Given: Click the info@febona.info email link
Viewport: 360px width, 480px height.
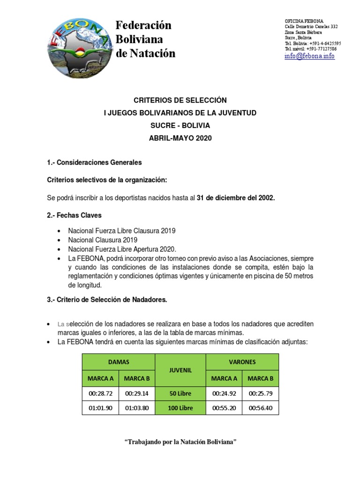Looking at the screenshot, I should (x=309, y=56).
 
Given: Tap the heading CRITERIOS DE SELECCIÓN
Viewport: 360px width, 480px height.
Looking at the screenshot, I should (x=180, y=100).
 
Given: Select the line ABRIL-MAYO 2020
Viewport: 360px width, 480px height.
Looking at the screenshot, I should (x=180, y=138).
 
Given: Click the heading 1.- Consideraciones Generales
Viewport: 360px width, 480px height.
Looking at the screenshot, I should (x=94, y=163).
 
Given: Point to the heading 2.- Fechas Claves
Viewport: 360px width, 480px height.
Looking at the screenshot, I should (x=75, y=215).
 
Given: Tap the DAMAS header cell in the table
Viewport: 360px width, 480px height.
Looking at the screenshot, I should (x=119, y=362).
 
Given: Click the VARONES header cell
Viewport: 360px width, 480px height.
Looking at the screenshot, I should (x=242, y=362).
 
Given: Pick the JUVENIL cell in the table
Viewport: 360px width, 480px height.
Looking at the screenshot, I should (x=180, y=370).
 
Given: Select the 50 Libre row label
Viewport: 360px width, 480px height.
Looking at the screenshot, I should (x=180, y=393).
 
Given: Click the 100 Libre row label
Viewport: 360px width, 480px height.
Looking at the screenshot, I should (x=180, y=408).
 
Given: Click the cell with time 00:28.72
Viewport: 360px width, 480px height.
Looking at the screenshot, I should (x=100, y=393).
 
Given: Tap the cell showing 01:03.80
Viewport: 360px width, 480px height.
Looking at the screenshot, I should (x=137, y=408).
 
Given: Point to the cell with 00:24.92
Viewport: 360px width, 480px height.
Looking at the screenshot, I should (x=224, y=393).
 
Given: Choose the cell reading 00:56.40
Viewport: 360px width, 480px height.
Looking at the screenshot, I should (x=261, y=408).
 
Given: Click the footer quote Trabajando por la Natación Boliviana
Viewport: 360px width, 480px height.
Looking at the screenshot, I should (x=180, y=442).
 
